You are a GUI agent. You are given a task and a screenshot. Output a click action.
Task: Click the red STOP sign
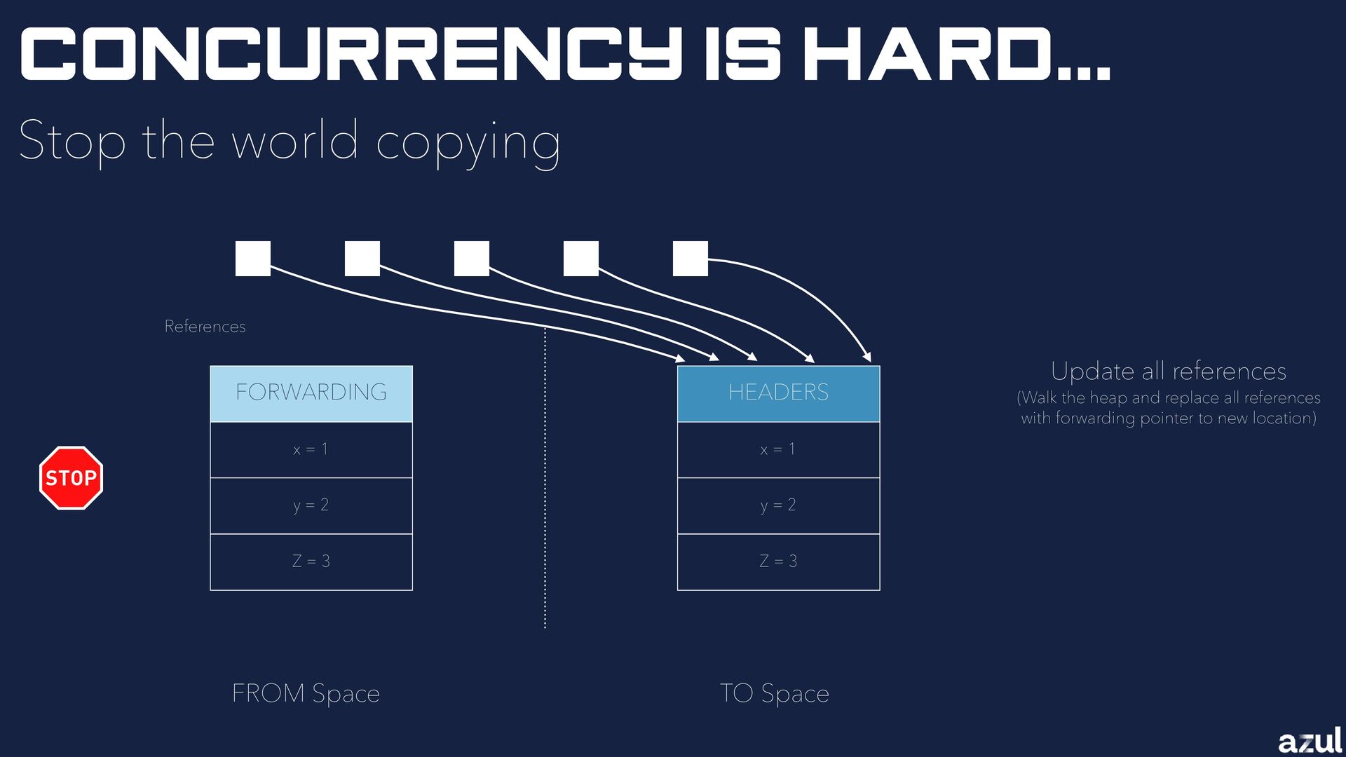71,478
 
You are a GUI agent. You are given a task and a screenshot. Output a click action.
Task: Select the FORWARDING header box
311,393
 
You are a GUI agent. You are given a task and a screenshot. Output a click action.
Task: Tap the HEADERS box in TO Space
778,393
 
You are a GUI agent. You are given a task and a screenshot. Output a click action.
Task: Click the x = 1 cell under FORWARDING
311,449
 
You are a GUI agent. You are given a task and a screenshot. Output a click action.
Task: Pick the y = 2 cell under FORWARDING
311,505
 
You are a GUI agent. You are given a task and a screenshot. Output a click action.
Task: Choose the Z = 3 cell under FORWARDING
311,561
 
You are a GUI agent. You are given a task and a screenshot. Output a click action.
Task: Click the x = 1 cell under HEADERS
778,449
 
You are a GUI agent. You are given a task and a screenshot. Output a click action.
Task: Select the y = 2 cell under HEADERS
778,505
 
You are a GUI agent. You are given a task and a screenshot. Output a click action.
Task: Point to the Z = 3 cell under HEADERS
778,561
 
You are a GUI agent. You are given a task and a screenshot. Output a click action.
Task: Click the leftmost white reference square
253,259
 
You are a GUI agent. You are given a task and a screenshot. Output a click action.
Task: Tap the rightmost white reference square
691,259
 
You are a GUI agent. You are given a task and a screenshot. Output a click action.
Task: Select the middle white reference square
472,259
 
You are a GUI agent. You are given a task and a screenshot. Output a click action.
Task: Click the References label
205,327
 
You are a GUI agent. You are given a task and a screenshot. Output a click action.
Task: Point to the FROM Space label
306,693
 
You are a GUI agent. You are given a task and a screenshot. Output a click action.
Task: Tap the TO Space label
775,693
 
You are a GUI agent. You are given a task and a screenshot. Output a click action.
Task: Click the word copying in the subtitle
468,142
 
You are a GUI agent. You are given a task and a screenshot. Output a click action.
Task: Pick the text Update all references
1169,371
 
